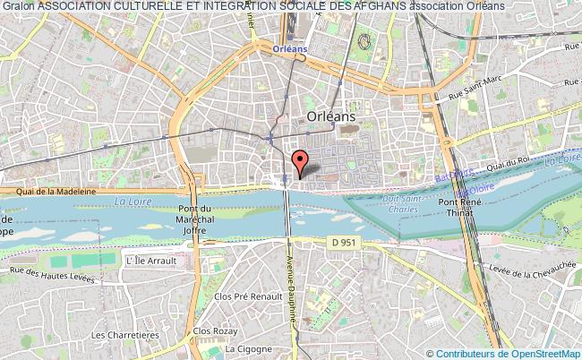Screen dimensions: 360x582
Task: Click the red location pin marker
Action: tap(302, 162)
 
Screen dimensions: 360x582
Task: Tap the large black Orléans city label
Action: tap(330, 116)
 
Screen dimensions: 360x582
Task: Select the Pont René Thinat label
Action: tap(479, 209)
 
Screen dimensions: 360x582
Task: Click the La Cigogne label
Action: tap(248, 348)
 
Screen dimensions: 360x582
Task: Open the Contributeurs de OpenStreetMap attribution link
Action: tap(508, 353)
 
